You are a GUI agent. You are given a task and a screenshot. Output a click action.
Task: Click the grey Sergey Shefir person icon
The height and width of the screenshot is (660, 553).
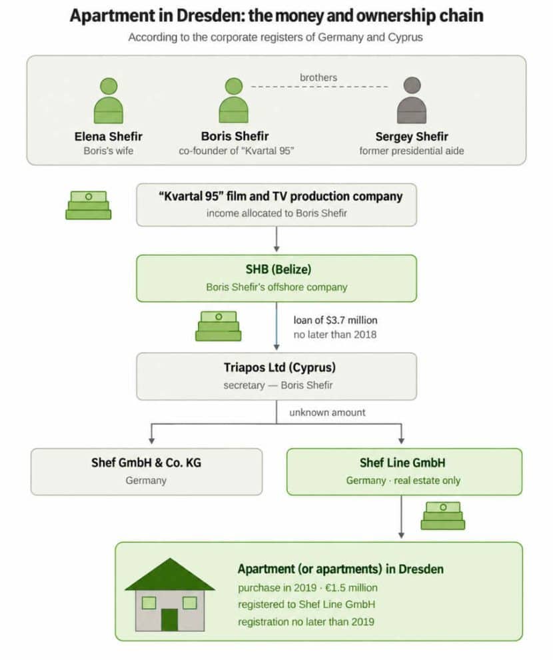click(x=412, y=100)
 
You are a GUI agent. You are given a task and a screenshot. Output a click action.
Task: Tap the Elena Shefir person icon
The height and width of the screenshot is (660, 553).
click(x=109, y=100)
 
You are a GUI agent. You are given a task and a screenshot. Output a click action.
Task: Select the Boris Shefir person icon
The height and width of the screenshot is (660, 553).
click(x=234, y=100)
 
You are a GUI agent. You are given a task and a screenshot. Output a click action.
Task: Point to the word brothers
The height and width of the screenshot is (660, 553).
click(x=318, y=77)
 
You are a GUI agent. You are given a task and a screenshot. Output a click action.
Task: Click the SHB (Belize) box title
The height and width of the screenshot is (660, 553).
click(x=278, y=269)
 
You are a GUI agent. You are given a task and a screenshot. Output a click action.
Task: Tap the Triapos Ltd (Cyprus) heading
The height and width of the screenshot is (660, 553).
click(x=280, y=367)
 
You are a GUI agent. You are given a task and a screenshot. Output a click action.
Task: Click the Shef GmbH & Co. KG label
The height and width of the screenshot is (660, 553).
click(x=147, y=463)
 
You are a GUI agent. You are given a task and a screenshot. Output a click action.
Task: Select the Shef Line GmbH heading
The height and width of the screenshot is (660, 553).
click(x=402, y=463)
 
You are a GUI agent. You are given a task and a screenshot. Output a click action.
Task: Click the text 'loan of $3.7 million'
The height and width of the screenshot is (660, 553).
click(x=335, y=320)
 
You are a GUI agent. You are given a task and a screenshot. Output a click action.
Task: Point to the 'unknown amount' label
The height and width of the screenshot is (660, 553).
click(x=327, y=413)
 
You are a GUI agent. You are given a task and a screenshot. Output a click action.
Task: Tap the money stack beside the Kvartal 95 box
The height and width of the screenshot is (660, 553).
click(x=89, y=205)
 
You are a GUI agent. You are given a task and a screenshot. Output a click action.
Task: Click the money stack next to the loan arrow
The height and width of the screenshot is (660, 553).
click(x=219, y=326)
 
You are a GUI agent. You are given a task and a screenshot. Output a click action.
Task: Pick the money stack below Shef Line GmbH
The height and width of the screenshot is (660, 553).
click(x=443, y=515)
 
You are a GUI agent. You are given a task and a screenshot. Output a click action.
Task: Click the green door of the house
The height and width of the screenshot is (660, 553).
click(x=169, y=619)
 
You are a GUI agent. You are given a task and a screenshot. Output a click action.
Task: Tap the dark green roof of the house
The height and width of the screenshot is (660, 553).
click(x=170, y=576)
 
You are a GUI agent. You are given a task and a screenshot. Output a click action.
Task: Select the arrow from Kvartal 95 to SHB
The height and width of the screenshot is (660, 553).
click(x=276, y=239)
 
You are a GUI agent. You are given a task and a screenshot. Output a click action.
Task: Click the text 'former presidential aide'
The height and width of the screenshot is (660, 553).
click(x=412, y=151)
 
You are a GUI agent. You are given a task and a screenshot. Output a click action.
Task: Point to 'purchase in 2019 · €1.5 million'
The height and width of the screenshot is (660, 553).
click(x=308, y=587)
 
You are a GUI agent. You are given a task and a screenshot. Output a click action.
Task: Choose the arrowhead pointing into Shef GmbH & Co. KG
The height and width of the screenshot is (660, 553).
click(x=152, y=441)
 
